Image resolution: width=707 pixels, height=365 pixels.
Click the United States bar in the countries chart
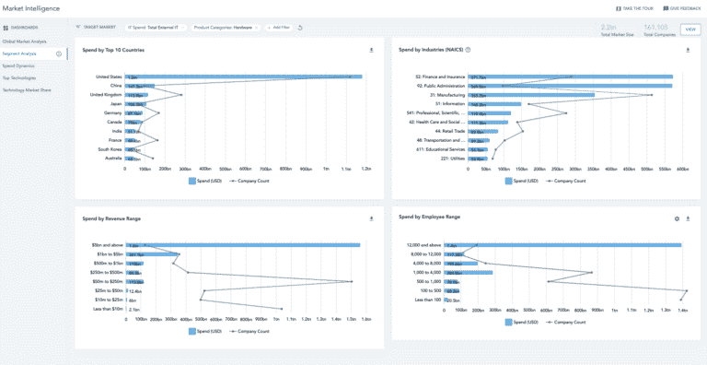point(244,77)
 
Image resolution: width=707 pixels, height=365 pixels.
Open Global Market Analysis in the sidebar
point(25,41)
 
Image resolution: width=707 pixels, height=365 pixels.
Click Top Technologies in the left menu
point(19,77)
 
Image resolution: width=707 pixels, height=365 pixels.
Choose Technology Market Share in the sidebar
point(27,89)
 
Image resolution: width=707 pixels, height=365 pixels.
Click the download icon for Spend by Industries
point(687,50)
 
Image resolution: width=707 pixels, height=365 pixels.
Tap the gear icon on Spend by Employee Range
point(677,218)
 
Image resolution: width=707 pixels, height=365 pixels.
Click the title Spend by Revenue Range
point(111,218)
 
